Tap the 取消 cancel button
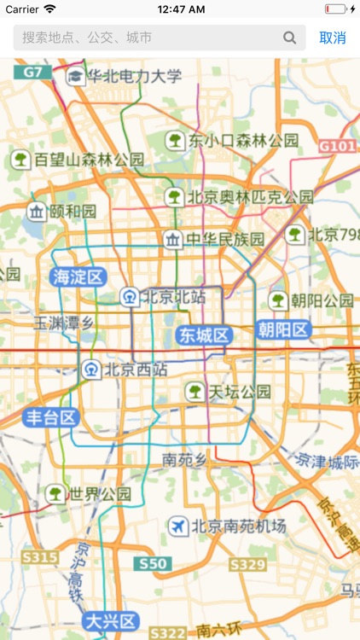[333, 38]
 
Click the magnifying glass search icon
[290, 38]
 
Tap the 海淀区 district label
[78, 276]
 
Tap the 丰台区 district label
[51, 417]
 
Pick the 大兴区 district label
[110, 620]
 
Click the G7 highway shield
[32, 73]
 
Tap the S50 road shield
[154, 563]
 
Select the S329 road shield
[247, 564]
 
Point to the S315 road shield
[39, 557]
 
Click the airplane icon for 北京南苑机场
[177, 526]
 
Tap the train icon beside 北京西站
[90, 369]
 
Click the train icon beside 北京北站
[129, 297]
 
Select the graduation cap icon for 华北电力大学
[76, 76]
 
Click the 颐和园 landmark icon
[37, 211]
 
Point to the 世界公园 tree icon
[55, 493]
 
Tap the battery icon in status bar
[336, 9]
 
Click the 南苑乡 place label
[185, 459]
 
